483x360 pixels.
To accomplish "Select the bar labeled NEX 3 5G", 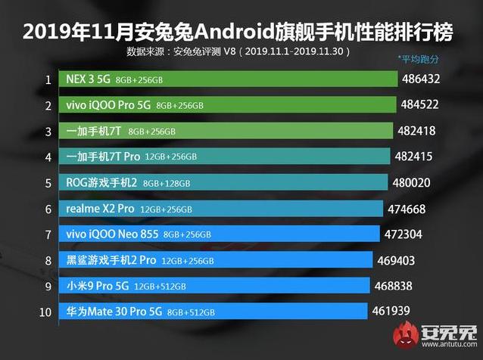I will (227, 79).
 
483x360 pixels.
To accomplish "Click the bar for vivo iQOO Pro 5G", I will (226, 105).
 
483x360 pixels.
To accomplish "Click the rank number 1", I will (48, 79).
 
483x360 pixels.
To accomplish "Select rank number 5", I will (48, 183).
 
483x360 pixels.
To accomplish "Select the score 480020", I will (414, 183).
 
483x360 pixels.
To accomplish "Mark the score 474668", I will (410, 209).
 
